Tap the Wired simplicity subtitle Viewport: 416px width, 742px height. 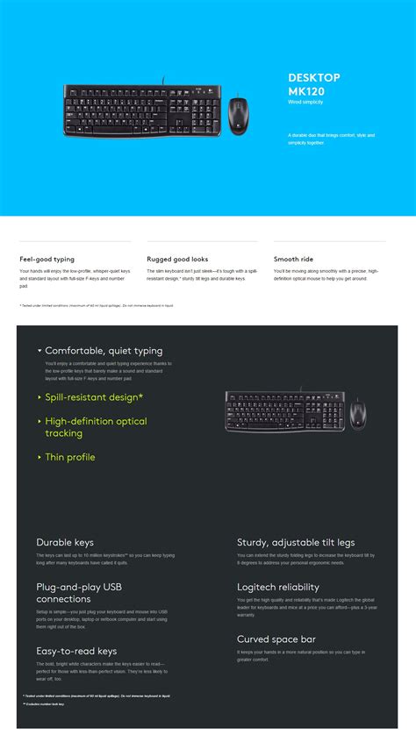[306, 103]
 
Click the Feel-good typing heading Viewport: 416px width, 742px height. [47, 260]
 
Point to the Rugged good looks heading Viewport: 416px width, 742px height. [177, 260]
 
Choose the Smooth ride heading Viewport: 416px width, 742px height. [293, 260]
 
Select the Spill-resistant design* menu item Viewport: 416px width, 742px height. [94, 397]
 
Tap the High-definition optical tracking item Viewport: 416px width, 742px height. [97, 427]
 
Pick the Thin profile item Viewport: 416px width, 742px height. [70, 457]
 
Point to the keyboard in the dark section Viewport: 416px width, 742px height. [284, 412]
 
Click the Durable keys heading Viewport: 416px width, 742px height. [65, 543]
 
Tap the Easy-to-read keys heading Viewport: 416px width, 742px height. [76, 651]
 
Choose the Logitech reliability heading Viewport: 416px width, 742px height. [278, 587]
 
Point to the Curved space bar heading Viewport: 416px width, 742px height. [276, 639]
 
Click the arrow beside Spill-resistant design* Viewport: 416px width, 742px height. [39, 397]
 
